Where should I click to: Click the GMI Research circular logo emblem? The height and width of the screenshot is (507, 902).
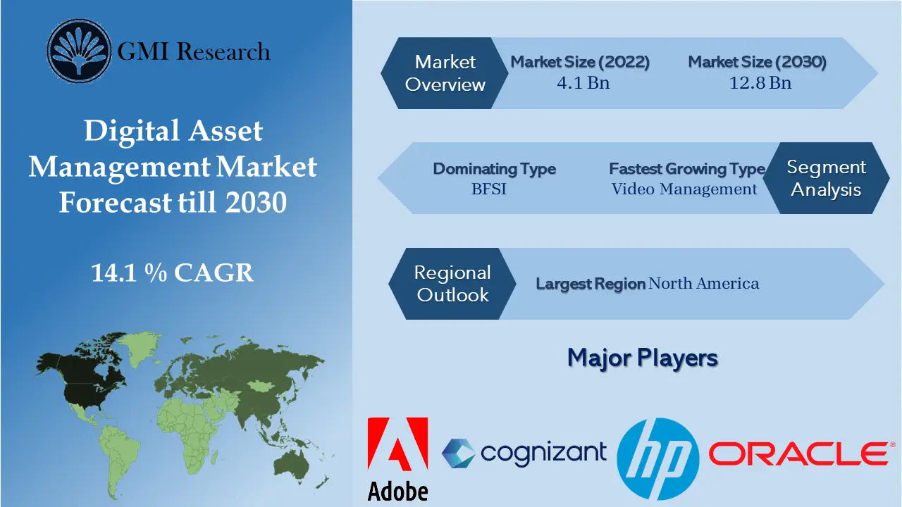[x=80, y=51]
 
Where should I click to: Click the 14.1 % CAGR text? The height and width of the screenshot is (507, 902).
[x=173, y=273]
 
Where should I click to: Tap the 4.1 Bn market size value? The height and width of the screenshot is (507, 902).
[x=583, y=83]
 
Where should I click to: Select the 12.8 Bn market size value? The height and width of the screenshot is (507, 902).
[x=760, y=83]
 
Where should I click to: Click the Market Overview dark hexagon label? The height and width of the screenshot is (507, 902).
[x=445, y=73]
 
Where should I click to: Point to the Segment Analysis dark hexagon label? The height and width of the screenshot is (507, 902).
[x=826, y=178]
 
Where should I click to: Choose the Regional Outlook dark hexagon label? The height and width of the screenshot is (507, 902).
[x=452, y=284]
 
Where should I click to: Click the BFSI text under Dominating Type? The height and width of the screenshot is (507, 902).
[x=489, y=189]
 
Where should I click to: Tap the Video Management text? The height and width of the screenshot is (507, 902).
[x=684, y=189]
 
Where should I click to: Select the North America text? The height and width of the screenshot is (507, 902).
[x=703, y=284]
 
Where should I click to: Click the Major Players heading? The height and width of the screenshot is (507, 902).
[x=642, y=358]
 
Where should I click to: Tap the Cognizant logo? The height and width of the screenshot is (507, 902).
[x=524, y=452]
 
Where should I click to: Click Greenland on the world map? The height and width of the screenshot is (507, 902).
[x=146, y=344]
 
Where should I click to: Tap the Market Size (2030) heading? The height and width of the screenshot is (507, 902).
[x=758, y=62]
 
